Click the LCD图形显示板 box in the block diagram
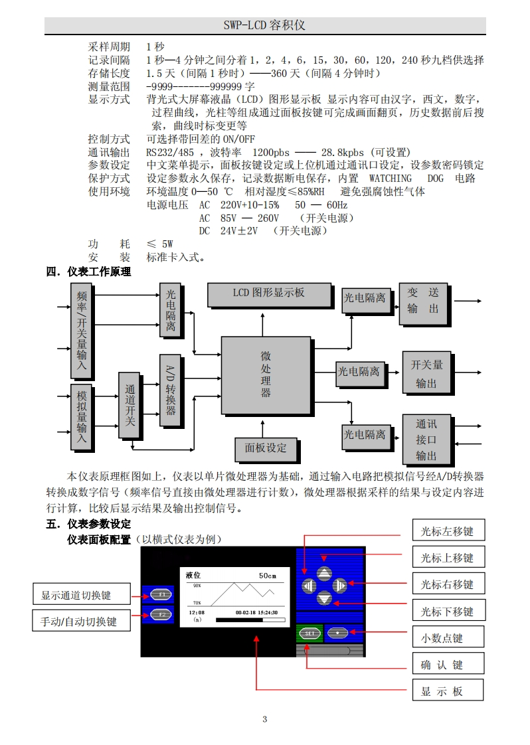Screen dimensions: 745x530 [x=269, y=294]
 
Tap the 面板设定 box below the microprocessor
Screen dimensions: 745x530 [x=266, y=449]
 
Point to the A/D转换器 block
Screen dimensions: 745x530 [x=170, y=390]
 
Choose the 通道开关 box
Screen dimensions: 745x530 [x=130, y=405]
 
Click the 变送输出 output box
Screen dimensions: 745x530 [x=423, y=302]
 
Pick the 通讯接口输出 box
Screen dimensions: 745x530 [x=426, y=440]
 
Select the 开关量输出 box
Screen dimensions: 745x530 [x=426, y=374]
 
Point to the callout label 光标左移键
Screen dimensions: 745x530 [x=447, y=531]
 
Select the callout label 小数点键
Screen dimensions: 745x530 [x=447, y=638]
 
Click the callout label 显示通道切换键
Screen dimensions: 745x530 [x=81, y=595]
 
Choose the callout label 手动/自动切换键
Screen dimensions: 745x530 [x=81, y=621]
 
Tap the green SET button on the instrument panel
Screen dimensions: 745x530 [x=309, y=633]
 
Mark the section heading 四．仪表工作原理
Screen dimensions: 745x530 [x=88, y=272]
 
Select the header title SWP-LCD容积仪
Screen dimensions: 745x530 [x=264, y=25]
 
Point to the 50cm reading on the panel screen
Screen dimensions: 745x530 [x=267, y=575]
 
